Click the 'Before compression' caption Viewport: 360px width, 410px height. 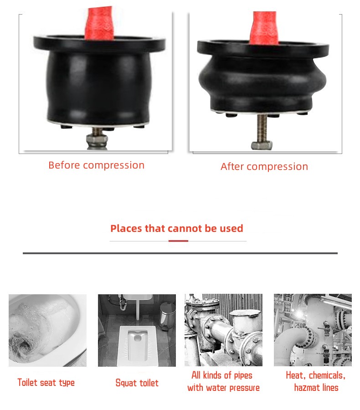(96, 165)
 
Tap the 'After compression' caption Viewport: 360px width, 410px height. (264, 167)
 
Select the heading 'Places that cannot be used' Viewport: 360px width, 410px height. (177, 228)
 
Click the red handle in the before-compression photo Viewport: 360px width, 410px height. (100, 24)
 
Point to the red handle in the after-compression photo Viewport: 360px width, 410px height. (264, 28)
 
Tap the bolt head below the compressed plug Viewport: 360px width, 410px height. (262, 145)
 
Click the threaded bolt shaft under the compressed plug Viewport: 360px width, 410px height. (262, 128)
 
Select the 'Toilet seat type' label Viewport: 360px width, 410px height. (46, 383)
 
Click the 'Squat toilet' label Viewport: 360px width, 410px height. (137, 383)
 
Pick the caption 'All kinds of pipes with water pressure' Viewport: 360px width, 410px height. (223, 381)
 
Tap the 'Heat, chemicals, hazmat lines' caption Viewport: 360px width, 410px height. (316, 381)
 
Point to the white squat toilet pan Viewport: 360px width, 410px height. (137, 345)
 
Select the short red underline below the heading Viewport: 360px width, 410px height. (178, 241)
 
